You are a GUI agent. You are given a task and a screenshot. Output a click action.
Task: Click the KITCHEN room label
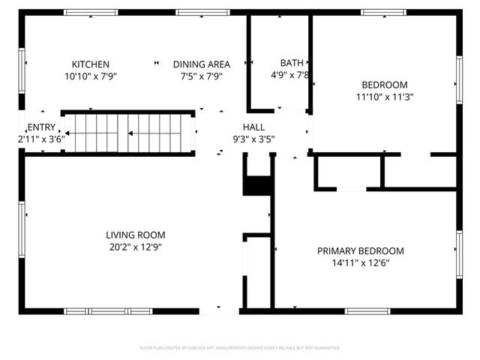[x=91, y=64]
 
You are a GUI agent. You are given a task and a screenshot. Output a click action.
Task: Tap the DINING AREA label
[x=201, y=64]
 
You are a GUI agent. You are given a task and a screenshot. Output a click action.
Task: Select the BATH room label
[x=292, y=63]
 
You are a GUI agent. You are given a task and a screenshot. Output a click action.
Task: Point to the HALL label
[x=253, y=127]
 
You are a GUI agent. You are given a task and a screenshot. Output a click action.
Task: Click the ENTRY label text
[x=40, y=127]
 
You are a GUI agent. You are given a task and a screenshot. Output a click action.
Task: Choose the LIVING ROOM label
[x=136, y=235]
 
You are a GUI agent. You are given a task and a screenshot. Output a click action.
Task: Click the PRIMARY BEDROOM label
[x=360, y=251]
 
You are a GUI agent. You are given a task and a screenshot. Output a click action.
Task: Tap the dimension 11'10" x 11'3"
[x=385, y=96]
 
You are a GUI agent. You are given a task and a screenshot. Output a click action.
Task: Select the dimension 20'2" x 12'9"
[x=136, y=247]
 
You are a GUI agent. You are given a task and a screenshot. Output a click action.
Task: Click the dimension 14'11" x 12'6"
[x=360, y=263]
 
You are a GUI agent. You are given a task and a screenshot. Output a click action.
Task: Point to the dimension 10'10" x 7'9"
[x=91, y=76]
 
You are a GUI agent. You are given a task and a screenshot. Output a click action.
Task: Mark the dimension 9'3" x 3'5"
[x=253, y=139]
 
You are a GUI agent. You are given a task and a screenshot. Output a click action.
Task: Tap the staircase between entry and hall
[x=127, y=133]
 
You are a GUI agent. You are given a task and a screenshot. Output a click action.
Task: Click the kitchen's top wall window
[x=90, y=12]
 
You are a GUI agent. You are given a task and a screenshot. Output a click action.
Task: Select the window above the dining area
[x=197, y=12]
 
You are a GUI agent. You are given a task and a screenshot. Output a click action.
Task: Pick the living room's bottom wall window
[x=108, y=310]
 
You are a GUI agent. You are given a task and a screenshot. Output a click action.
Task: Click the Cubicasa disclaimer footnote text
[x=240, y=348]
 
